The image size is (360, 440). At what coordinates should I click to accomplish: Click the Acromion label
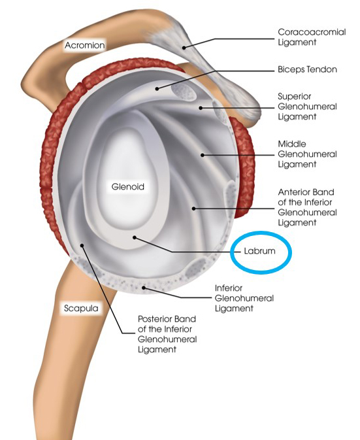pyautogui.click(x=85, y=45)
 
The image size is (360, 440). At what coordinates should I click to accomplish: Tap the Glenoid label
pyautogui.click(x=128, y=186)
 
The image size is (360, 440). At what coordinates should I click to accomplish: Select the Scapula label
pyautogui.click(x=81, y=308)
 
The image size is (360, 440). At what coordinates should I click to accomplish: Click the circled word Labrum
pyautogui.click(x=259, y=251)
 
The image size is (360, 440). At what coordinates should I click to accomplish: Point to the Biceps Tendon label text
pyautogui.click(x=307, y=69)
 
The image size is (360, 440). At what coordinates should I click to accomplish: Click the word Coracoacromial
pyautogui.click(x=312, y=32)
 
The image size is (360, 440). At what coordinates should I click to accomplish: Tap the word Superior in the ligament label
pyautogui.click(x=295, y=96)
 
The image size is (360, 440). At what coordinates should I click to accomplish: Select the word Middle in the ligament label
pyautogui.click(x=292, y=144)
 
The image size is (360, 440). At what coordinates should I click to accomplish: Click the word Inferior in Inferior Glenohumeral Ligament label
pyautogui.click(x=229, y=288)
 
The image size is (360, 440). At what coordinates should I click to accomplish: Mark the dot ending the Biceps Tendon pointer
pyautogui.click(x=157, y=89)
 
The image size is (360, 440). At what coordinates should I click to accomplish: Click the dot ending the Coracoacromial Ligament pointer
pyautogui.click(x=184, y=48)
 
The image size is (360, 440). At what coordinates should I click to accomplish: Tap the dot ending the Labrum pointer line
pyautogui.click(x=135, y=237)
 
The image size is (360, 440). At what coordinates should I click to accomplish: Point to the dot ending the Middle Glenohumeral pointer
pyautogui.click(x=202, y=155)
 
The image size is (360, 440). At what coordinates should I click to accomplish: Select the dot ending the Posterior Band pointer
pyautogui.click(x=82, y=245)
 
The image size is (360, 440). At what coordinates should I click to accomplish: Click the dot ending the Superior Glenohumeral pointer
pyautogui.click(x=201, y=108)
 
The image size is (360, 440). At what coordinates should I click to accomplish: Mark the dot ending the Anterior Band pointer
pyautogui.click(x=193, y=209)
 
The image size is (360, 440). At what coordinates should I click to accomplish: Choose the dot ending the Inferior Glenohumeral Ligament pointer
pyautogui.click(x=144, y=288)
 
